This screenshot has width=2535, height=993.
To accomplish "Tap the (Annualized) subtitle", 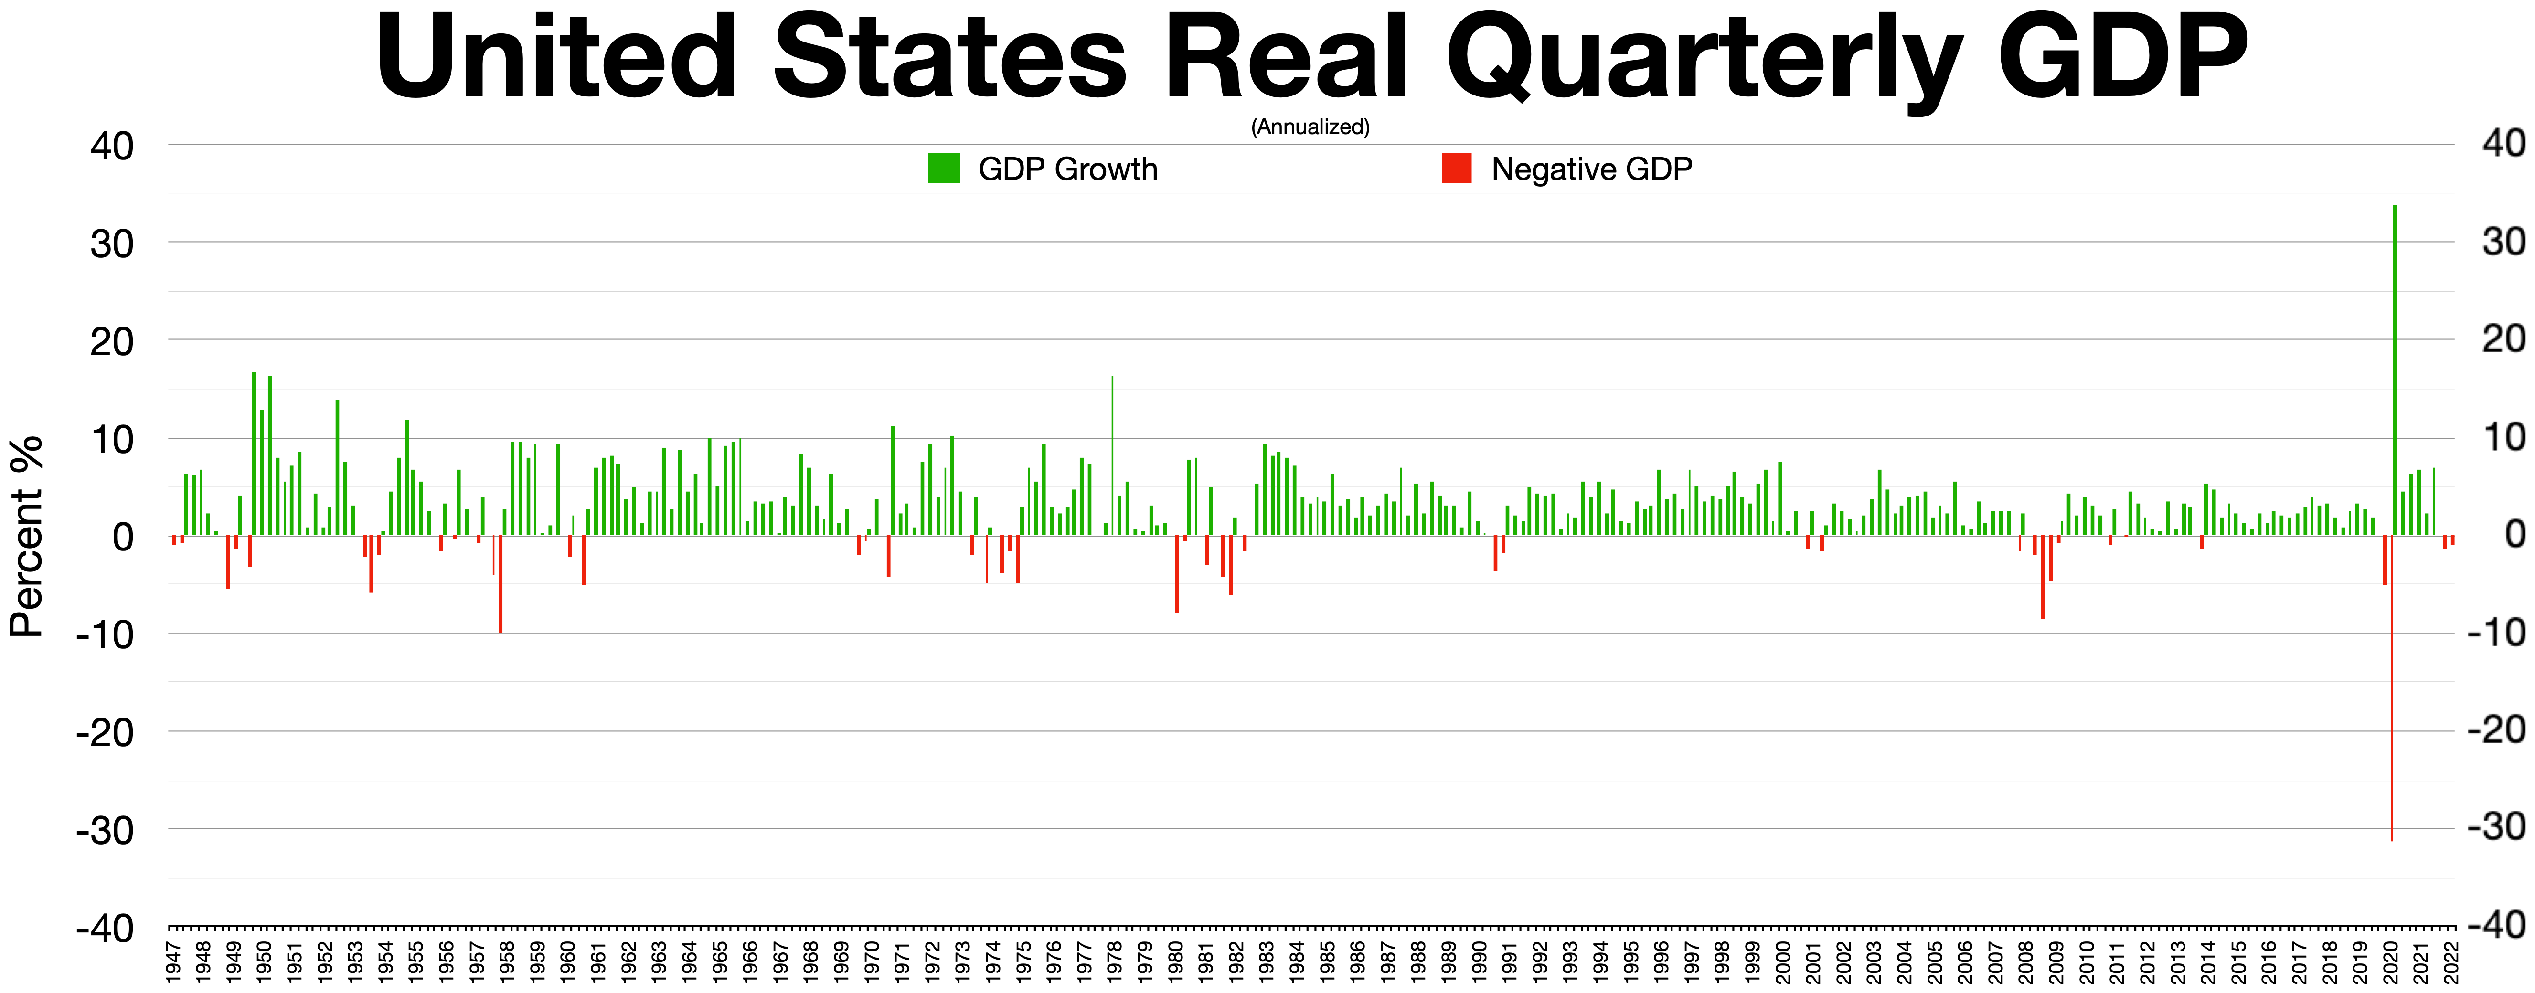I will point(1310,127).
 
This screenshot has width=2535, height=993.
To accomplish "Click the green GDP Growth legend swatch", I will point(944,169).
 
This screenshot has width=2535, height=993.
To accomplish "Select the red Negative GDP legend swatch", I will point(1457,169).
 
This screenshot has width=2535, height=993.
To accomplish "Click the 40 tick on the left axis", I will point(111,147).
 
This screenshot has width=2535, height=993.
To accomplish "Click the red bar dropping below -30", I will point(2391,689).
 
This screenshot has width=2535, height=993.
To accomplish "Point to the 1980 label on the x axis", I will point(1176,961).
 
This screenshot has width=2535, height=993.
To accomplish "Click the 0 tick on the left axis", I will point(122,538).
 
